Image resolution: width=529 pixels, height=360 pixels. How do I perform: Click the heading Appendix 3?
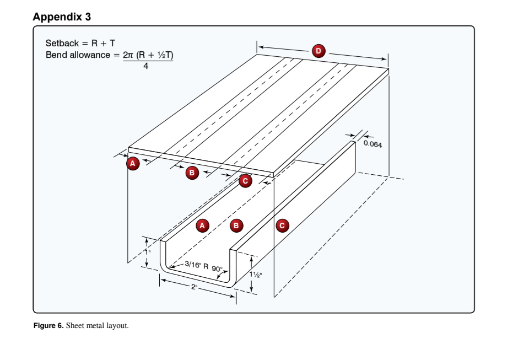pos(62,17)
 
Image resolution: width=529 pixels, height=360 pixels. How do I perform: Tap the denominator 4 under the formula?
pos(145,66)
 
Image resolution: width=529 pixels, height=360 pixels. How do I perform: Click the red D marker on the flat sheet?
pos(318,51)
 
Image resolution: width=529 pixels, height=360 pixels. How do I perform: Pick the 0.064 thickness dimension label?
pos(373,144)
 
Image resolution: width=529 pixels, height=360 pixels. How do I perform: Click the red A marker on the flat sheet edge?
pos(132,163)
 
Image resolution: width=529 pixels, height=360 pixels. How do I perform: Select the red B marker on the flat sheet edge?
pos(191,173)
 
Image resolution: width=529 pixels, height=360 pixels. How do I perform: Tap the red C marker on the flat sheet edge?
pos(245,181)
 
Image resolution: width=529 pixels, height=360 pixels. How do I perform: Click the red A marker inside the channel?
pos(202,225)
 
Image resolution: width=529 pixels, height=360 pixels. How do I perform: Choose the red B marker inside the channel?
pos(236,225)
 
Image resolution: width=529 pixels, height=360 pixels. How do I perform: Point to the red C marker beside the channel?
pos(283,225)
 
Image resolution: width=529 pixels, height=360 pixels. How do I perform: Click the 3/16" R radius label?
pos(196,266)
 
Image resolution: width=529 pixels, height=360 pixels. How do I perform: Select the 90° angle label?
pos(217,270)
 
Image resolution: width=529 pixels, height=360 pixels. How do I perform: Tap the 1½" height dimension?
pos(256,275)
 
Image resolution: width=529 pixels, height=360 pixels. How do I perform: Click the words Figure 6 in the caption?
pos(48,326)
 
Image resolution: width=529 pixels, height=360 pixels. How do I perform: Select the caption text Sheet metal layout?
pos(98,326)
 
